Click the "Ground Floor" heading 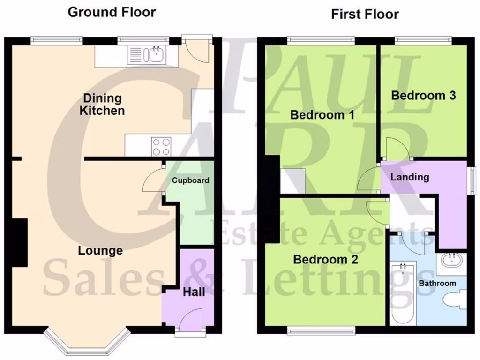[x=112, y=12]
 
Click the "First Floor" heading [x=365, y=14]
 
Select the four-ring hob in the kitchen [x=161, y=146]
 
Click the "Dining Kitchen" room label [x=102, y=105]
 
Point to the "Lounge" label [x=100, y=251]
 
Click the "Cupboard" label [x=190, y=180]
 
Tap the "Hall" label [x=194, y=292]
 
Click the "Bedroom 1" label [x=322, y=115]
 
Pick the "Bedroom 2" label [x=326, y=259]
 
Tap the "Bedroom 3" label [x=423, y=96]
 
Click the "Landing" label [x=410, y=177]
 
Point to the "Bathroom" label [x=437, y=283]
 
